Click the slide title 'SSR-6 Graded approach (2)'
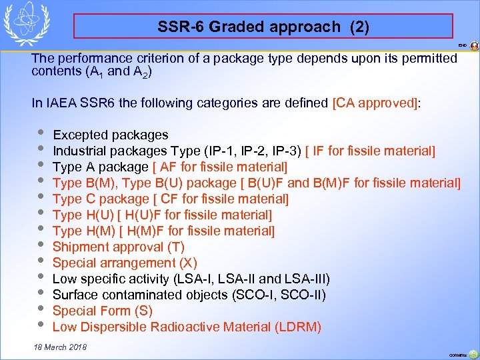(x=263, y=27)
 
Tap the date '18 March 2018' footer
(x=59, y=348)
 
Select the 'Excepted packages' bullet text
(x=110, y=135)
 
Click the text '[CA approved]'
(x=376, y=103)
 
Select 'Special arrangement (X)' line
(x=125, y=263)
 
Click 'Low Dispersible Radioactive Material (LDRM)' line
(x=187, y=327)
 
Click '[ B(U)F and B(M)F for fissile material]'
(x=360, y=183)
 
